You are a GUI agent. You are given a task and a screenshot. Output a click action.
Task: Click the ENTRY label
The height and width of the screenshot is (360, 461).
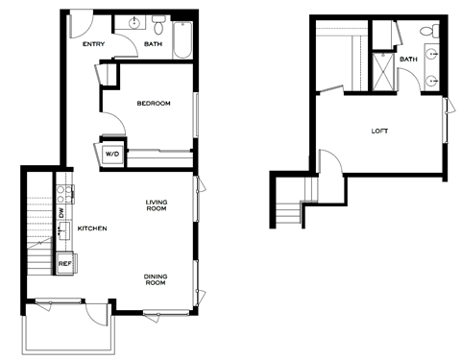pyautogui.click(x=92, y=44)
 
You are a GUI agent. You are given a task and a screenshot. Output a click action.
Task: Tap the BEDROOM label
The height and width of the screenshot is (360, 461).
pyautogui.click(x=154, y=104)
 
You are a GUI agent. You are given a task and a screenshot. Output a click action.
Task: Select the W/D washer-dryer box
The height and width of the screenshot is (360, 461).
pyautogui.click(x=111, y=154)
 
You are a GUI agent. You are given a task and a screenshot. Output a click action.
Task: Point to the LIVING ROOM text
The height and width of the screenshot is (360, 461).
pyautogui.click(x=157, y=205)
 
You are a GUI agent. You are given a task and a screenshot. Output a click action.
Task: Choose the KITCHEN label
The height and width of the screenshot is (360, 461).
pyautogui.click(x=92, y=228)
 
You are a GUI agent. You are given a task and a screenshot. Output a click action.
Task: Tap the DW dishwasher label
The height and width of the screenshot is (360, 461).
pyautogui.click(x=61, y=213)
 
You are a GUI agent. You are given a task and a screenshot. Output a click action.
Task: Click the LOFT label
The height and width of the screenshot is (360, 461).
pyautogui.click(x=380, y=131)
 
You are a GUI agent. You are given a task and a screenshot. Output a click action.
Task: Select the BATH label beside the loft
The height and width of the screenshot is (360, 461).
pyautogui.click(x=409, y=60)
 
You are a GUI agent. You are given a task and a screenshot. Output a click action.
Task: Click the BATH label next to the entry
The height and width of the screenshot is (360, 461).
pyautogui.click(x=154, y=44)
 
